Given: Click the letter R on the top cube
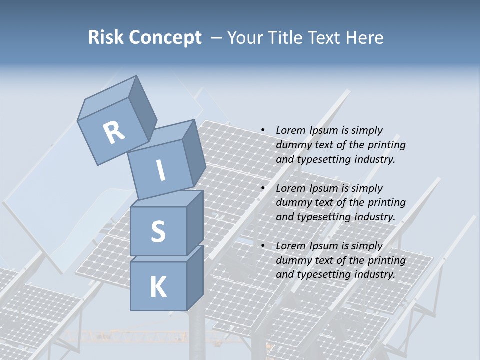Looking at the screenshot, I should (114, 132).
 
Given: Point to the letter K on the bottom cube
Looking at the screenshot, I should (158, 287).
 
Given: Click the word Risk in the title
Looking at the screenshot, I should (106, 38).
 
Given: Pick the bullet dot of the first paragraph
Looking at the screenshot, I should (263, 130).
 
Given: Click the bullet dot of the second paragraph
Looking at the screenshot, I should (263, 188).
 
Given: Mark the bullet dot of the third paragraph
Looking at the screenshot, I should (263, 246).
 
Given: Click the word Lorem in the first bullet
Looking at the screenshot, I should (290, 130).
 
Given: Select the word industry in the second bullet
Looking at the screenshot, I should (375, 217).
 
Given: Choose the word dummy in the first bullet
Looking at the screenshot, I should (292, 145).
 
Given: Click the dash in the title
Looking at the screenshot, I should (217, 38).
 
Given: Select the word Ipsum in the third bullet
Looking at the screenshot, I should (324, 246).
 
